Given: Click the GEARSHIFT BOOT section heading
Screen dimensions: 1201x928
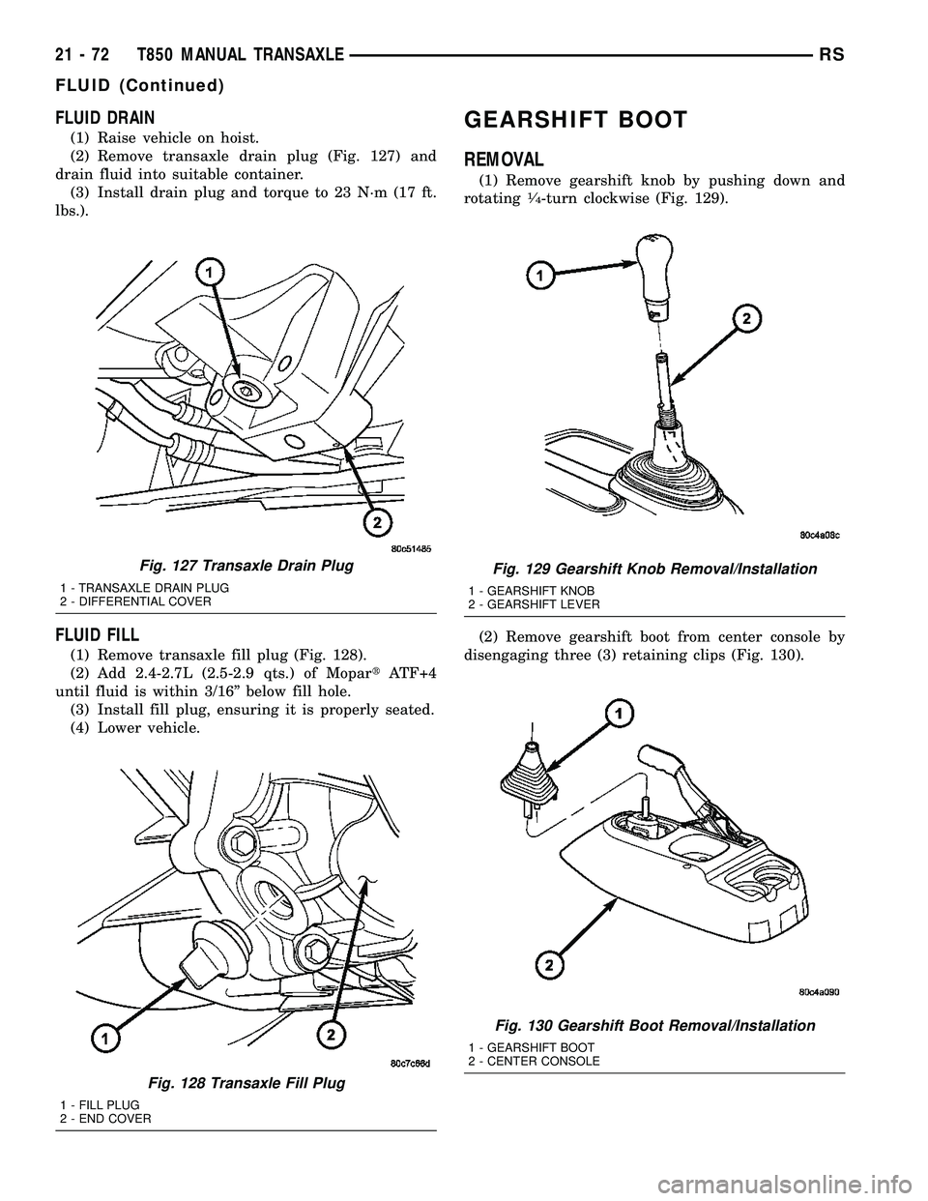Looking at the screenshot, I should point(575,120).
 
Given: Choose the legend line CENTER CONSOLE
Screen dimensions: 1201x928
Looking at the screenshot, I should point(534,1061).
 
